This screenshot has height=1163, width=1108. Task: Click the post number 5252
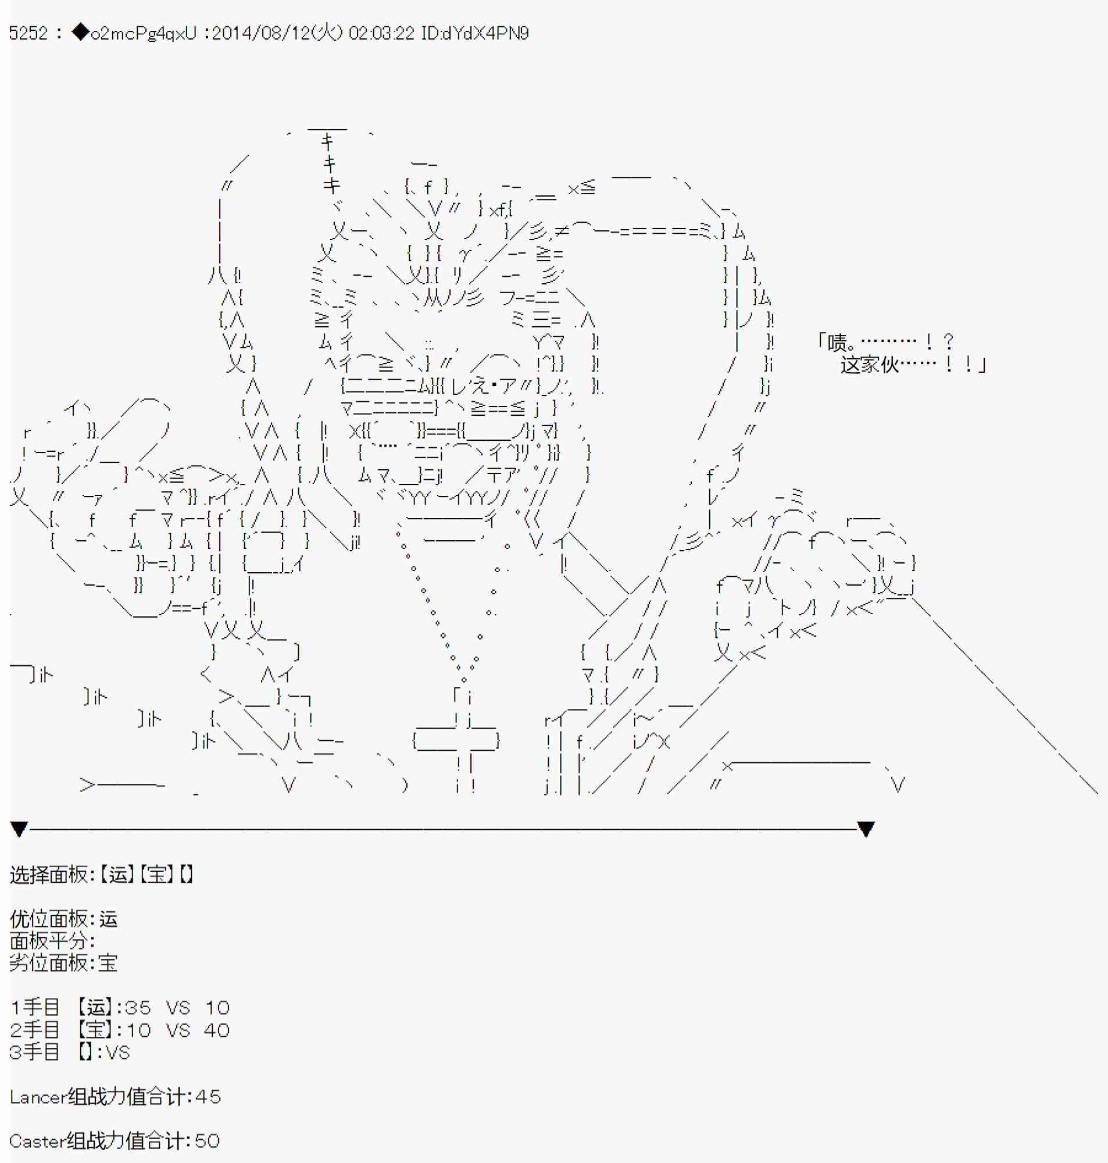point(28,33)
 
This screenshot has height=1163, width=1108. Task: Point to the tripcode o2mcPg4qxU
point(144,34)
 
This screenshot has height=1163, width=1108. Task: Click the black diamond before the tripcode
point(80,33)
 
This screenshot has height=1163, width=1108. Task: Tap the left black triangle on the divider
point(19,829)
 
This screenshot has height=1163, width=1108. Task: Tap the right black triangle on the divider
point(866,829)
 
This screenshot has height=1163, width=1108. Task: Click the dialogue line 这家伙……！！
point(913,365)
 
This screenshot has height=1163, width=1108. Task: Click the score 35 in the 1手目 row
point(138,1008)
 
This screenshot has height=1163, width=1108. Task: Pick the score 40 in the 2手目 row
point(217,1030)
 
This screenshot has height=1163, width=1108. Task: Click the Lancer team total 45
point(208,1097)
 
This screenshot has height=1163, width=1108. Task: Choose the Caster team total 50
point(207,1141)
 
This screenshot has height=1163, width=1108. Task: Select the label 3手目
point(35,1052)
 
